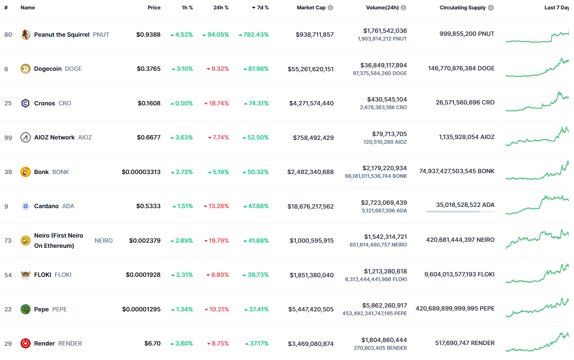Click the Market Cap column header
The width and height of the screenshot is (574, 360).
(311, 8)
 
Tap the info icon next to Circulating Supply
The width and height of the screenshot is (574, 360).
(491, 8)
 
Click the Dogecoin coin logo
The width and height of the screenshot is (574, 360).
(26, 69)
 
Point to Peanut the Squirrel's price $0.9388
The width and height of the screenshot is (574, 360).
(148, 35)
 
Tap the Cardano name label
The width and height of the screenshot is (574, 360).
(46, 206)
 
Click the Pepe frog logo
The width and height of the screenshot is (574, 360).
(26, 309)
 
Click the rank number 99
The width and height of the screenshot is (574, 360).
(8, 137)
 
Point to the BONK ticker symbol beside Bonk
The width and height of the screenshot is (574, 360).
(61, 172)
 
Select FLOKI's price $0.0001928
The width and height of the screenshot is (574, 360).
(143, 275)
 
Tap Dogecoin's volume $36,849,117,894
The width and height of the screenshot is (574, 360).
(385, 65)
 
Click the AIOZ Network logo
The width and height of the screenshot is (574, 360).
(26, 137)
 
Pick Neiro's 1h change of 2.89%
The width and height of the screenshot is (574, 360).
(184, 241)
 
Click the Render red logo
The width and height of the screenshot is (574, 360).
(26, 343)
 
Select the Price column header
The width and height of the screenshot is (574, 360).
(154, 8)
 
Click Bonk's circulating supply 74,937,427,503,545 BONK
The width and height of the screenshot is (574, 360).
(457, 171)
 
